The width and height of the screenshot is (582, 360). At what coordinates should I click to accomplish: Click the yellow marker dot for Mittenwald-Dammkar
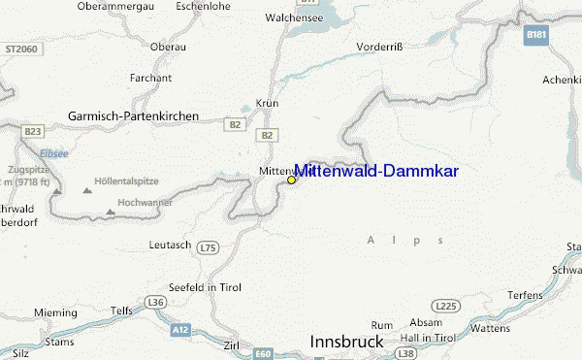291,180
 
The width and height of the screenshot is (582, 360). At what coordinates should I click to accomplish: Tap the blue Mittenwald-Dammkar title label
376,171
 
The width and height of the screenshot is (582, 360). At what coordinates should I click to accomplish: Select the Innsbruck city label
346,343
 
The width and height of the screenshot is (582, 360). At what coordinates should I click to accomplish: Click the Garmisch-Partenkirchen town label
133,115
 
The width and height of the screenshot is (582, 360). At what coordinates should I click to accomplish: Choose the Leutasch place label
170,245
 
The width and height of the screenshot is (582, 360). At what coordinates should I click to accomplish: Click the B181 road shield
535,35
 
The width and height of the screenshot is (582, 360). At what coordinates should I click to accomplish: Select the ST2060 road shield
18,48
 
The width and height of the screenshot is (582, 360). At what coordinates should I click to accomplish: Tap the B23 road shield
34,131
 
